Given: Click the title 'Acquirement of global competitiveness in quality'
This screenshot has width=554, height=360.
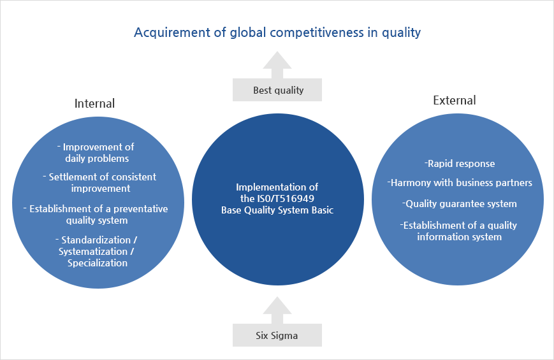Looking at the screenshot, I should (x=277, y=32).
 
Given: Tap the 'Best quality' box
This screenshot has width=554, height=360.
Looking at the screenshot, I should (x=277, y=90).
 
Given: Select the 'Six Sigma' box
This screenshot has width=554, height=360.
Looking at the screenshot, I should (x=277, y=335).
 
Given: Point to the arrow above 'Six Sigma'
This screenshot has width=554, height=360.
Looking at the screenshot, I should (x=277, y=310).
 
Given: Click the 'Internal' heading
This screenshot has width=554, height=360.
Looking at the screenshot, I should (x=94, y=103).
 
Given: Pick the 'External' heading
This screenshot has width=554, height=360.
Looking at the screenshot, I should (x=454, y=100).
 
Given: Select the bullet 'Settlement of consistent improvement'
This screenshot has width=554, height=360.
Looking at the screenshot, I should (x=99, y=182).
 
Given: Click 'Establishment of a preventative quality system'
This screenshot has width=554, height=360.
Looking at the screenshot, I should (x=98, y=214).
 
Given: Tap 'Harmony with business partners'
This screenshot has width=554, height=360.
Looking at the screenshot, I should (x=459, y=183).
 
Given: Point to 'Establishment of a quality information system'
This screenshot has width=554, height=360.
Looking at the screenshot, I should (x=459, y=231).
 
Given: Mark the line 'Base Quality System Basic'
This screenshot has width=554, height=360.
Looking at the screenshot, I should (x=277, y=210).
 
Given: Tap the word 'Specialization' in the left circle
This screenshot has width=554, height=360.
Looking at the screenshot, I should (x=98, y=263).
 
